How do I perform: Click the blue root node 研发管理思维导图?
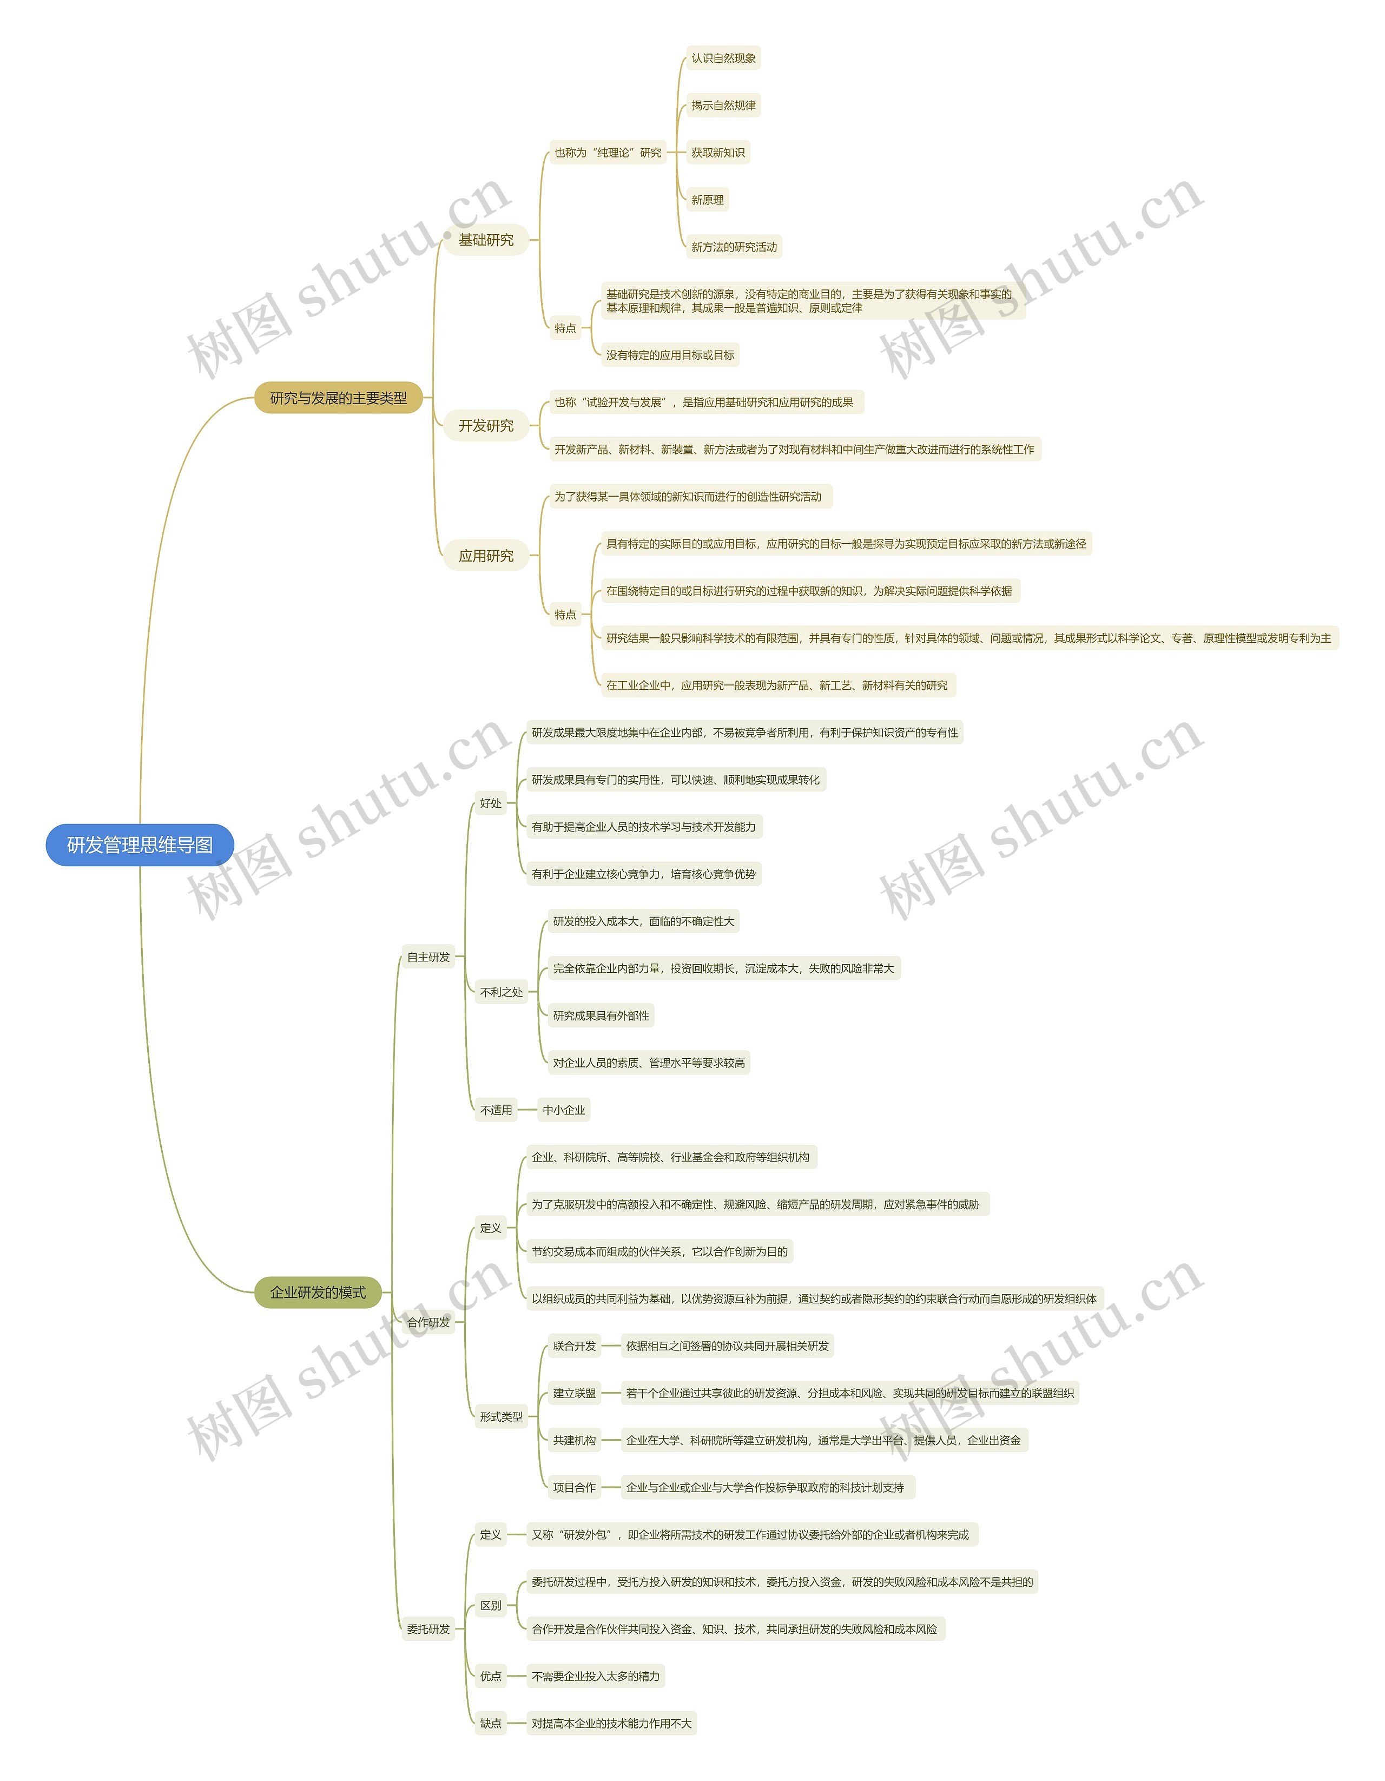[x=140, y=845]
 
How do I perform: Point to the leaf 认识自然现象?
[x=723, y=58]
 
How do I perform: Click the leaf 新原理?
[x=707, y=200]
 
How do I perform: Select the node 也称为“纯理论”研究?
[x=607, y=153]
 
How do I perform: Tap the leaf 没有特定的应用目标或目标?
[x=670, y=355]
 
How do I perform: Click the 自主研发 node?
[x=428, y=958]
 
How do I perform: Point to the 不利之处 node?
[x=501, y=992]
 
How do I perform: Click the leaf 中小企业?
[x=564, y=1110]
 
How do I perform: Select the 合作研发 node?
[x=428, y=1323]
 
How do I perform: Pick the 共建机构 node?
[x=574, y=1440]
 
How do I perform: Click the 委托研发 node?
[x=428, y=1630]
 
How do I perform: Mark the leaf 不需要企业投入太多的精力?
[x=596, y=1677]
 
